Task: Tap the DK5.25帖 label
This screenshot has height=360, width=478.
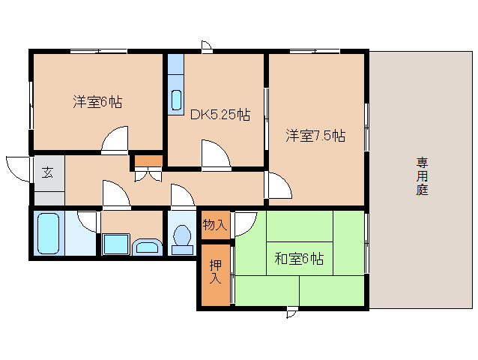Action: coord(220,115)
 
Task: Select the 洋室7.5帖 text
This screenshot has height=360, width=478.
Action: coord(315,136)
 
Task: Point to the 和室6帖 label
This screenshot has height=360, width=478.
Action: coord(299,259)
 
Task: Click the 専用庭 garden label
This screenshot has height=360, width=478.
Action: coord(423,175)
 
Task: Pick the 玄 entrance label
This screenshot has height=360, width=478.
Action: coord(47,173)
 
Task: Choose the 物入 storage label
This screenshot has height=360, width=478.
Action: coord(214,224)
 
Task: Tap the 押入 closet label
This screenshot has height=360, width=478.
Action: coord(215,271)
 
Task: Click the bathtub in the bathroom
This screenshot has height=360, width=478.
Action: coord(49,233)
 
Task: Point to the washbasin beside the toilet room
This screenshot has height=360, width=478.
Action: coord(147,247)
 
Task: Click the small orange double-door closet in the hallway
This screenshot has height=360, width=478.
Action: coord(148,160)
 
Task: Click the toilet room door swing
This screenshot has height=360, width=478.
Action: coord(181,196)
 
